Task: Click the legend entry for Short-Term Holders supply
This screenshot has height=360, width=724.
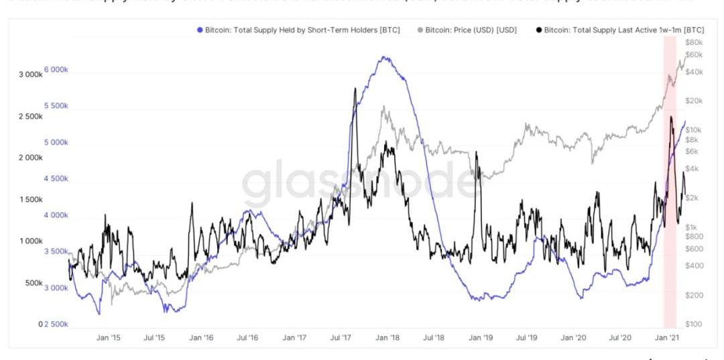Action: click(x=299, y=30)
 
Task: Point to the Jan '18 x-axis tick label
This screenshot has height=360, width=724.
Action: click(x=389, y=338)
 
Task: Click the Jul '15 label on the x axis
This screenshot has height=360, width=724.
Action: click(x=155, y=338)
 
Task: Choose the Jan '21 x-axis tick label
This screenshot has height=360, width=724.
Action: click(x=669, y=338)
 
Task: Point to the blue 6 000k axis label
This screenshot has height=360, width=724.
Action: click(x=56, y=70)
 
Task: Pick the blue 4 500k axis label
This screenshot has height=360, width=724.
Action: click(x=56, y=179)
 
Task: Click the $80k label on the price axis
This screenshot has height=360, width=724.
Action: click(x=693, y=42)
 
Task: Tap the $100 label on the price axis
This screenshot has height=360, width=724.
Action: click(x=693, y=324)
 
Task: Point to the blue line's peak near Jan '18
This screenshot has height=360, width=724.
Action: click(x=383, y=58)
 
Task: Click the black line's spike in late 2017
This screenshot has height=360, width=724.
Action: click(x=353, y=89)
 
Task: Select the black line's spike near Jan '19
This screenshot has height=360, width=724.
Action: click(x=476, y=153)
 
